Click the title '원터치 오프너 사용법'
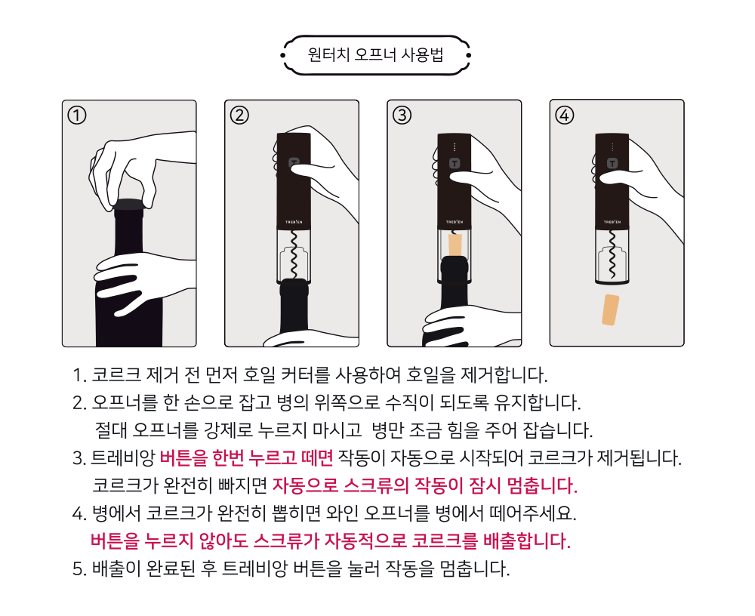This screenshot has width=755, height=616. coord(375,54)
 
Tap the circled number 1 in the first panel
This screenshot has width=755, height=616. coord(77,115)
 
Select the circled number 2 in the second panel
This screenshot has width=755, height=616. coord(239,115)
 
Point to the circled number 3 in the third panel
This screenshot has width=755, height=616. coord(402,115)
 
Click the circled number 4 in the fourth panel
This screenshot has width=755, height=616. coord(565,115)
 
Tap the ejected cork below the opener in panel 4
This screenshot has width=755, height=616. coord(611,310)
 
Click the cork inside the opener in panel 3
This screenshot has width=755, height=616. coord(455,245)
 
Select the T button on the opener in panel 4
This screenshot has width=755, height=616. coord(612,163)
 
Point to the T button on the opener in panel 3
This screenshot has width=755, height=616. coord(455,163)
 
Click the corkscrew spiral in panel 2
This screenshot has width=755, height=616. coord(294,254)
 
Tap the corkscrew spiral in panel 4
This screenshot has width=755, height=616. coord(612,254)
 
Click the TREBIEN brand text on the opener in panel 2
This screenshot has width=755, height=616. coord(294,222)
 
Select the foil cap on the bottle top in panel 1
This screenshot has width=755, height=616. coord(130,205)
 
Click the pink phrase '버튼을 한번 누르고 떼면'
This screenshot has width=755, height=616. coord(246,457)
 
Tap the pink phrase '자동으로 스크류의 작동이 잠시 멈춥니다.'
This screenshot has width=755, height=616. coord(424,485)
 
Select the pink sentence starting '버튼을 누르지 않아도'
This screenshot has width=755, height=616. coord(331,541)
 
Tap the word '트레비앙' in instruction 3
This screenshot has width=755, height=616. coord(122,457)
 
